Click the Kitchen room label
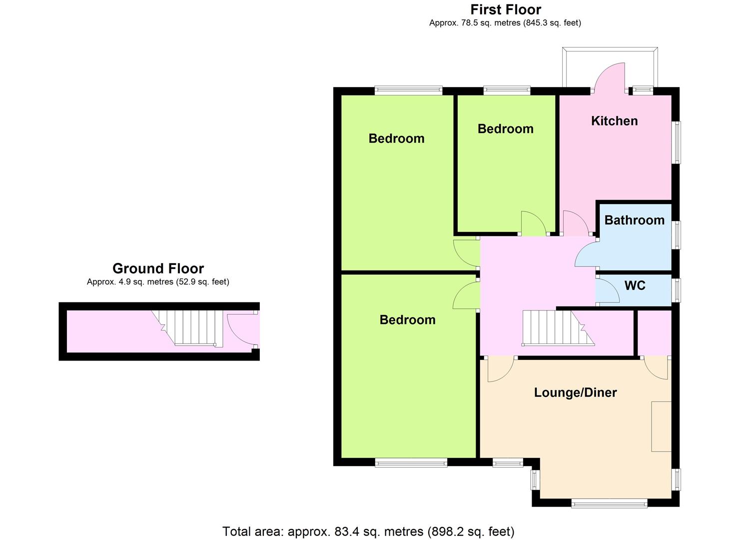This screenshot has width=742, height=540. (614, 121)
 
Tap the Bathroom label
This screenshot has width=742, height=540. (634, 220)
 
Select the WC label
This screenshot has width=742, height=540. (635, 285)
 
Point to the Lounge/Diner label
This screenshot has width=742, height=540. (575, 392)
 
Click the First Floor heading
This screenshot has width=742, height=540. (506, 9)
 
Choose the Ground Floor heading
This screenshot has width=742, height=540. (158, 268)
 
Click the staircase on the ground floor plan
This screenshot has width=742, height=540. (187, 327)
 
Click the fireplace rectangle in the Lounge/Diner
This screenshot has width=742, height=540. (661, 426)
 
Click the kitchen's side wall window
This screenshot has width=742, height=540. (677, 142)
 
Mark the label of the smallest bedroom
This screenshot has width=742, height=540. (505, 129)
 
